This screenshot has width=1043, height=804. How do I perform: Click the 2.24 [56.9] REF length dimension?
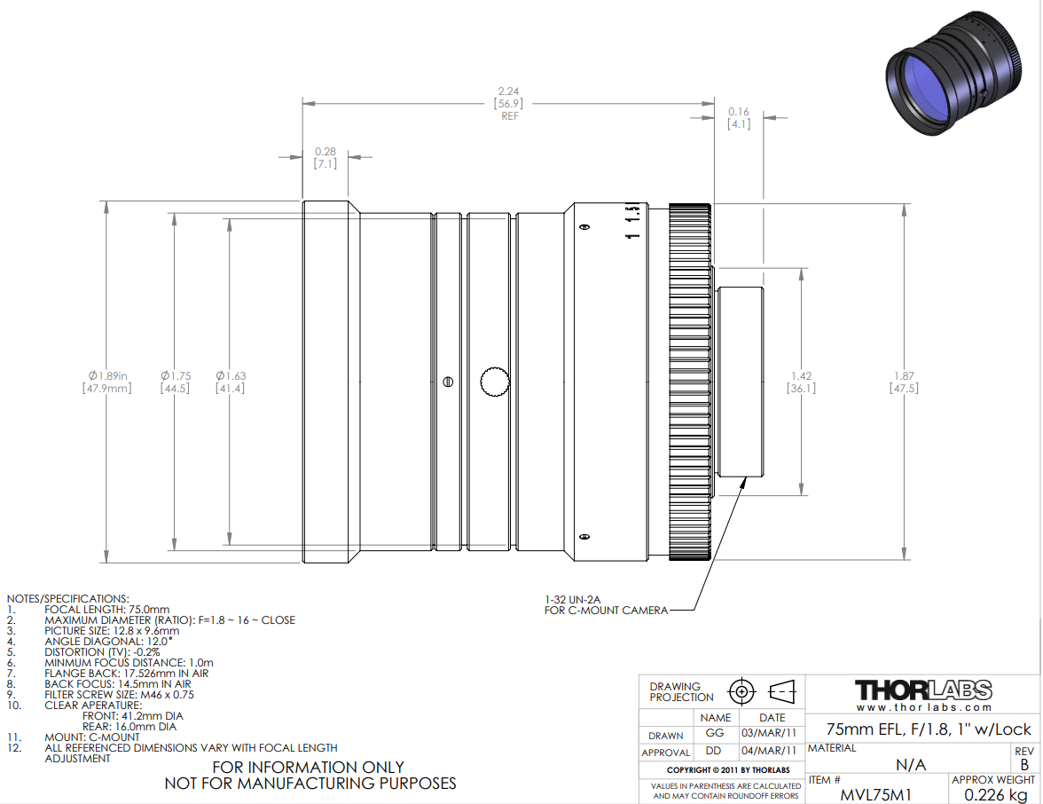click(508, 103)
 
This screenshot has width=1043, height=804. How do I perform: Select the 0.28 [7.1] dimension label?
click(325, 158)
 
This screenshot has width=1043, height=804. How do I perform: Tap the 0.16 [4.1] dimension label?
click(738, 118)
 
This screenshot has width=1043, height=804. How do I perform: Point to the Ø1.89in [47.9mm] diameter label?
click(107, 382)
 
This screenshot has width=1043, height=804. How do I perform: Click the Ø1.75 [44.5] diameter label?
click(175, 382)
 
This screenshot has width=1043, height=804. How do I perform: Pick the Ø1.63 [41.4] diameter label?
click(231, 382)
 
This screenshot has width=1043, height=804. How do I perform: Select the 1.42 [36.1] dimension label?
click(801, 382)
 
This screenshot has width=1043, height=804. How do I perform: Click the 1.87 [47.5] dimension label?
click(904, 382)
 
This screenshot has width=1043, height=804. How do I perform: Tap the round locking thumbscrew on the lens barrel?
click(495, 382)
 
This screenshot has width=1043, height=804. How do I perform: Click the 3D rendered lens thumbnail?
click(953, 73)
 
